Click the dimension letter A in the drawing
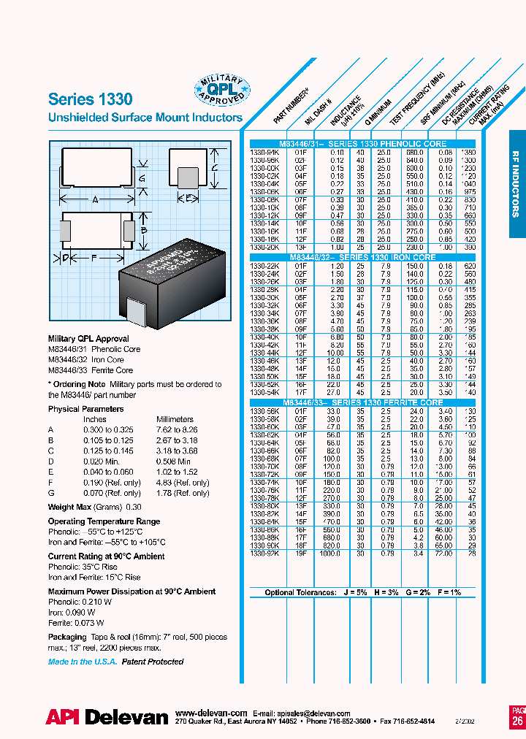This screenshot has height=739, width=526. [x=95, y=199]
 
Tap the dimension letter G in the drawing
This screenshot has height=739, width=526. [x=142, y=178]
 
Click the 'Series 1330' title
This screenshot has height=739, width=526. [x=90, y=99]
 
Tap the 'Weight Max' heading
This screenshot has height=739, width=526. [x=70, y=507]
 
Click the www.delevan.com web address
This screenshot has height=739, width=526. [x=211, y=713]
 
